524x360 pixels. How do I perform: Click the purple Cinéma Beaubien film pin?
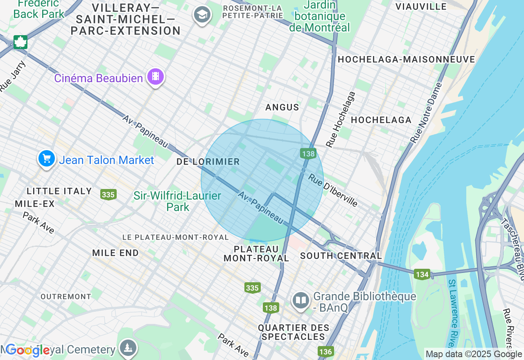156,76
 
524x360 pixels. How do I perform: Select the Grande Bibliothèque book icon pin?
301,301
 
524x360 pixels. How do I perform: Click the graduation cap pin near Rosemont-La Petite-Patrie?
202,15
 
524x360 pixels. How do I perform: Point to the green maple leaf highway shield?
20,42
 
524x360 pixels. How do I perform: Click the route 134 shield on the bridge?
422,274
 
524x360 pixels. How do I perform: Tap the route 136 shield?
325,351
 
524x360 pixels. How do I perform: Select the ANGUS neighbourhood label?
282,107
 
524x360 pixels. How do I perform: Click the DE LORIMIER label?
208,162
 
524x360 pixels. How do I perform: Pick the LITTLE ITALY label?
59,191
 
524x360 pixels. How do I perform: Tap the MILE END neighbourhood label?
115,253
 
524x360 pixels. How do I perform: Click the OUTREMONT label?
66,297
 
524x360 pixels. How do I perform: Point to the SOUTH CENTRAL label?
341,256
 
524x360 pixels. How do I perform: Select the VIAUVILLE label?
421,7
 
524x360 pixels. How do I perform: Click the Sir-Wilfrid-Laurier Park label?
177,201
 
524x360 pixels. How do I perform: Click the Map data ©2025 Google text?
473,354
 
